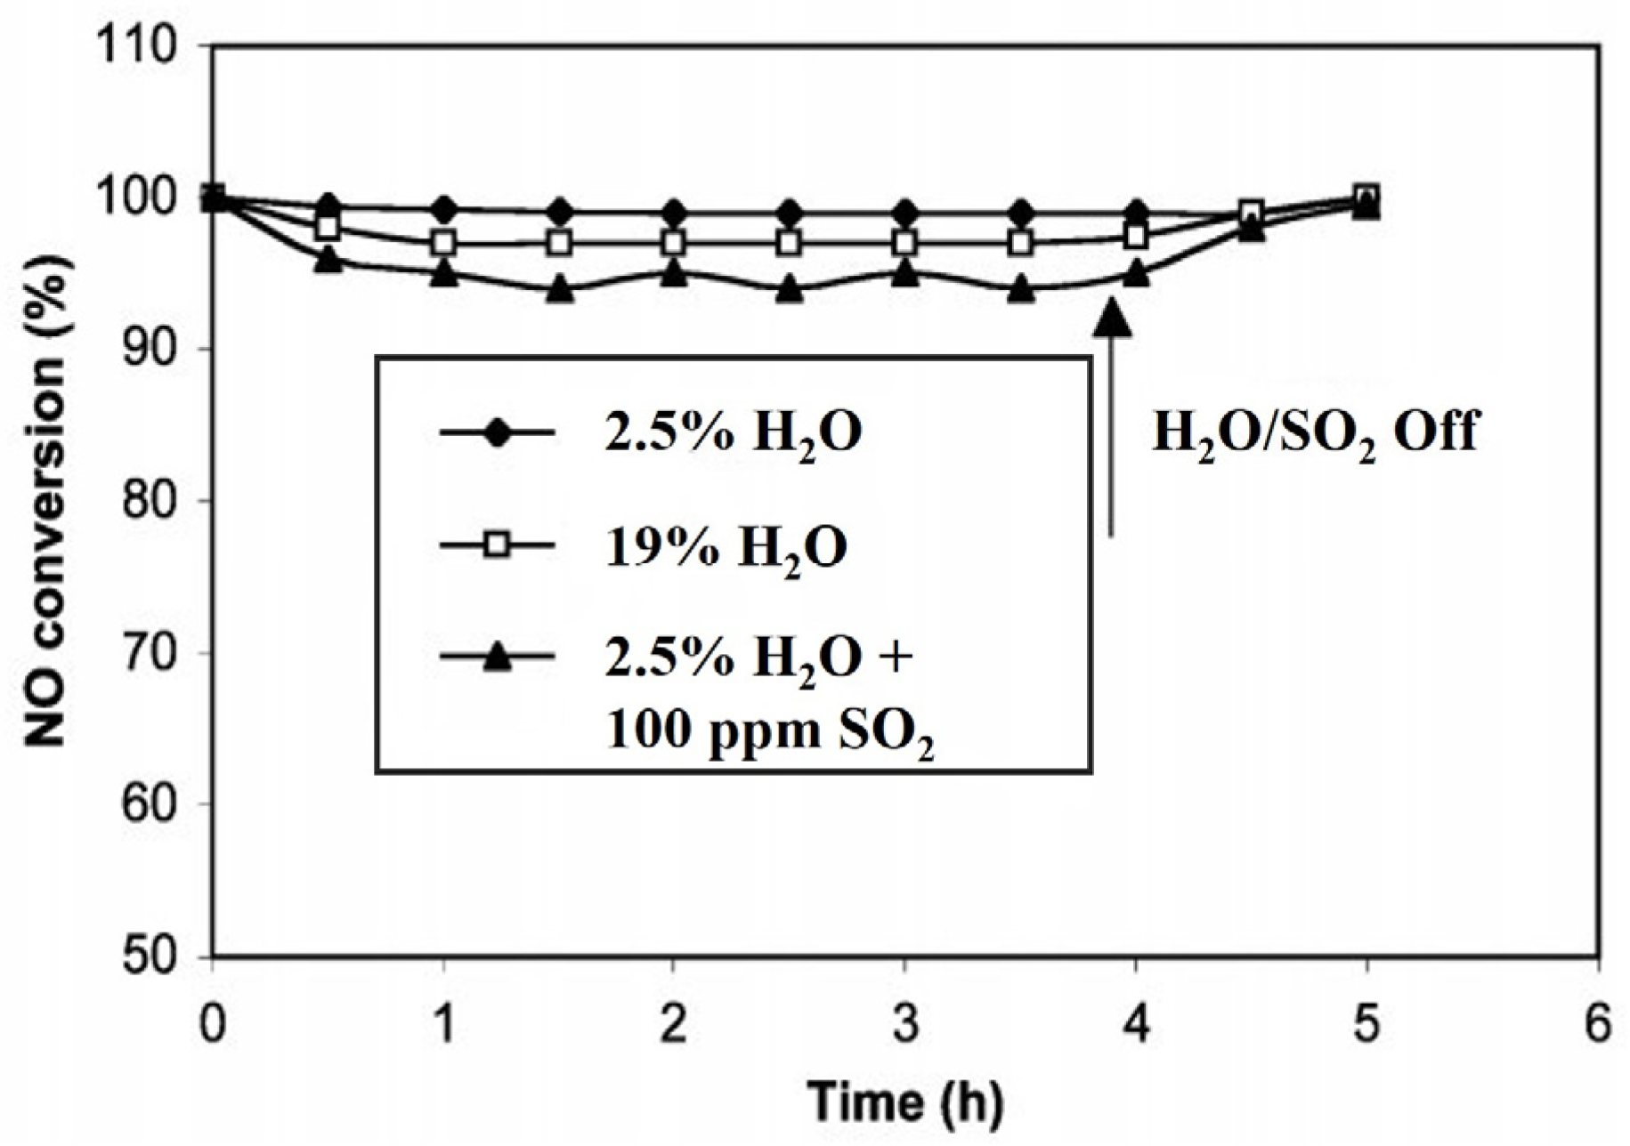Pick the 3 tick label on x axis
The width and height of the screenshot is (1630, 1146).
pyautogui.click(x=905, y=1023)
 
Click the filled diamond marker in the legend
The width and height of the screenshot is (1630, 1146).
pyautogui.click(x=498, y=433)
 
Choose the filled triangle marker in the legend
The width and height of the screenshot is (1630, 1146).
pyautogui.click(x=498, y=658)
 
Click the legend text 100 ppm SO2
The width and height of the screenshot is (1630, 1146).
pyautogui.click(x=770, y=732)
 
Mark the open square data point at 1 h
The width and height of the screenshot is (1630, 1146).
pyautogui.click(x=443, y=242)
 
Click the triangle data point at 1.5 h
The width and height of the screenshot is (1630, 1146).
pyautogui.click(x=559, y=289)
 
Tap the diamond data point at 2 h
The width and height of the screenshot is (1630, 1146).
pyautogui.click(x=674, y=213)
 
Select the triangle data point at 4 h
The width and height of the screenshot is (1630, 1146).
pyautogui.click(x=1136, y=273)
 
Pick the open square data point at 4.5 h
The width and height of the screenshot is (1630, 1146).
pyautogui.click(x=1251, y=212)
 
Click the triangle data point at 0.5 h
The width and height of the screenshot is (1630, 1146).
pyautogui.click(x=328, y=259)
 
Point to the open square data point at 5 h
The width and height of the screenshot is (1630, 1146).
pyautogui.click(x=1366, y=196)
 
